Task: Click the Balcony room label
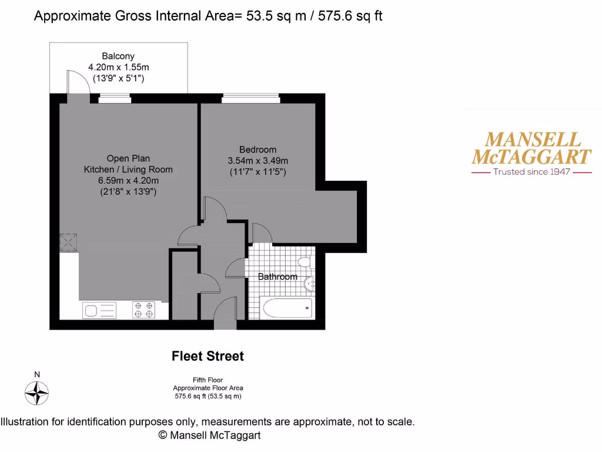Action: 118,56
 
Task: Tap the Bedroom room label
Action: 257,149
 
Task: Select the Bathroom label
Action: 278,277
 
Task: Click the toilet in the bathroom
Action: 305,262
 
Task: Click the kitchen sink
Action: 99,310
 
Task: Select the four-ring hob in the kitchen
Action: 144,310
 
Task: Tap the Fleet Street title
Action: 208,356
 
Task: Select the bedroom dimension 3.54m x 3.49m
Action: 257,161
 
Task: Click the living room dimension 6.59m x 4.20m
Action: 128,181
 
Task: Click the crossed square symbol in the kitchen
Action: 69,242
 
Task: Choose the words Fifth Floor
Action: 208,380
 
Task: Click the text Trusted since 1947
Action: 531,172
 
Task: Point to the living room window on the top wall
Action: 114,98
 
